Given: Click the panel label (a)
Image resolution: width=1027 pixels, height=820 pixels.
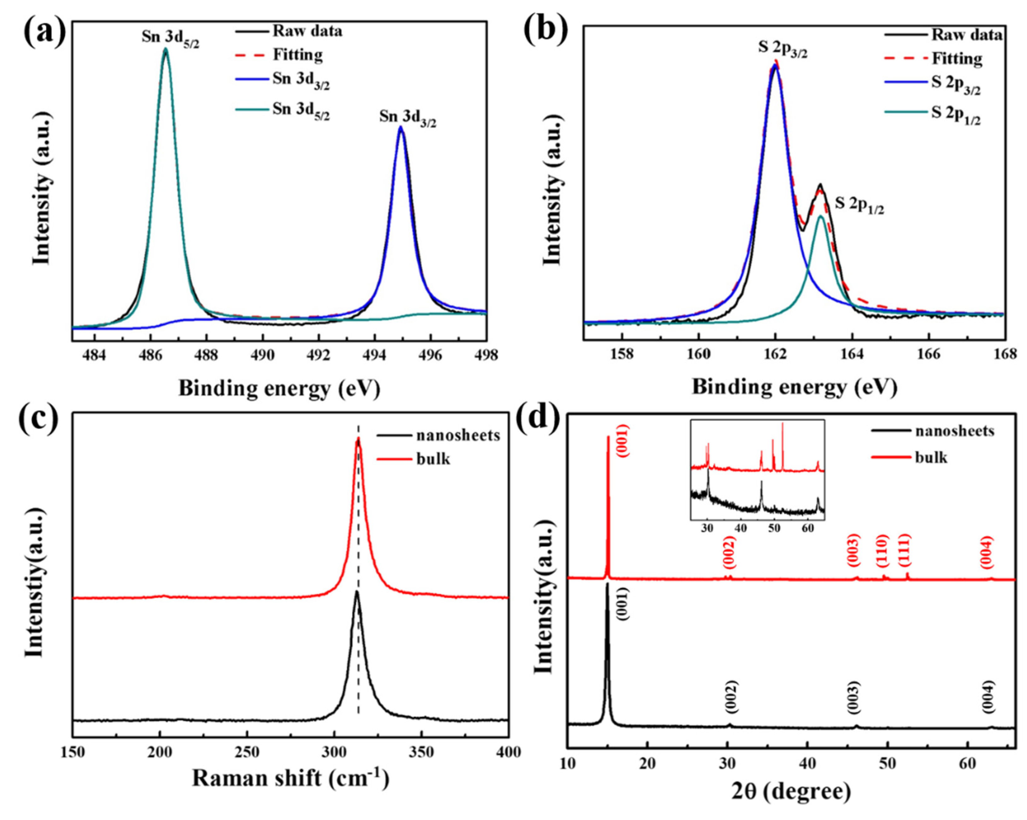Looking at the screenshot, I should coord(45,30).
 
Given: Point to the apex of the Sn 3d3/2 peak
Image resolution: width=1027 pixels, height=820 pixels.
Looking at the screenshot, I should coord(401,127).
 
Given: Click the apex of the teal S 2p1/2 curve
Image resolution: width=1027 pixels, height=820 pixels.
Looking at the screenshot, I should coord(820,216).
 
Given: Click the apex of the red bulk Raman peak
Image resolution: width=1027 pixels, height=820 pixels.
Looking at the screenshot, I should coord(358,439).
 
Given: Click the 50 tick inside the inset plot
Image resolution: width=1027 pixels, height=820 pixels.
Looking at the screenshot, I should coord(774,529).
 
